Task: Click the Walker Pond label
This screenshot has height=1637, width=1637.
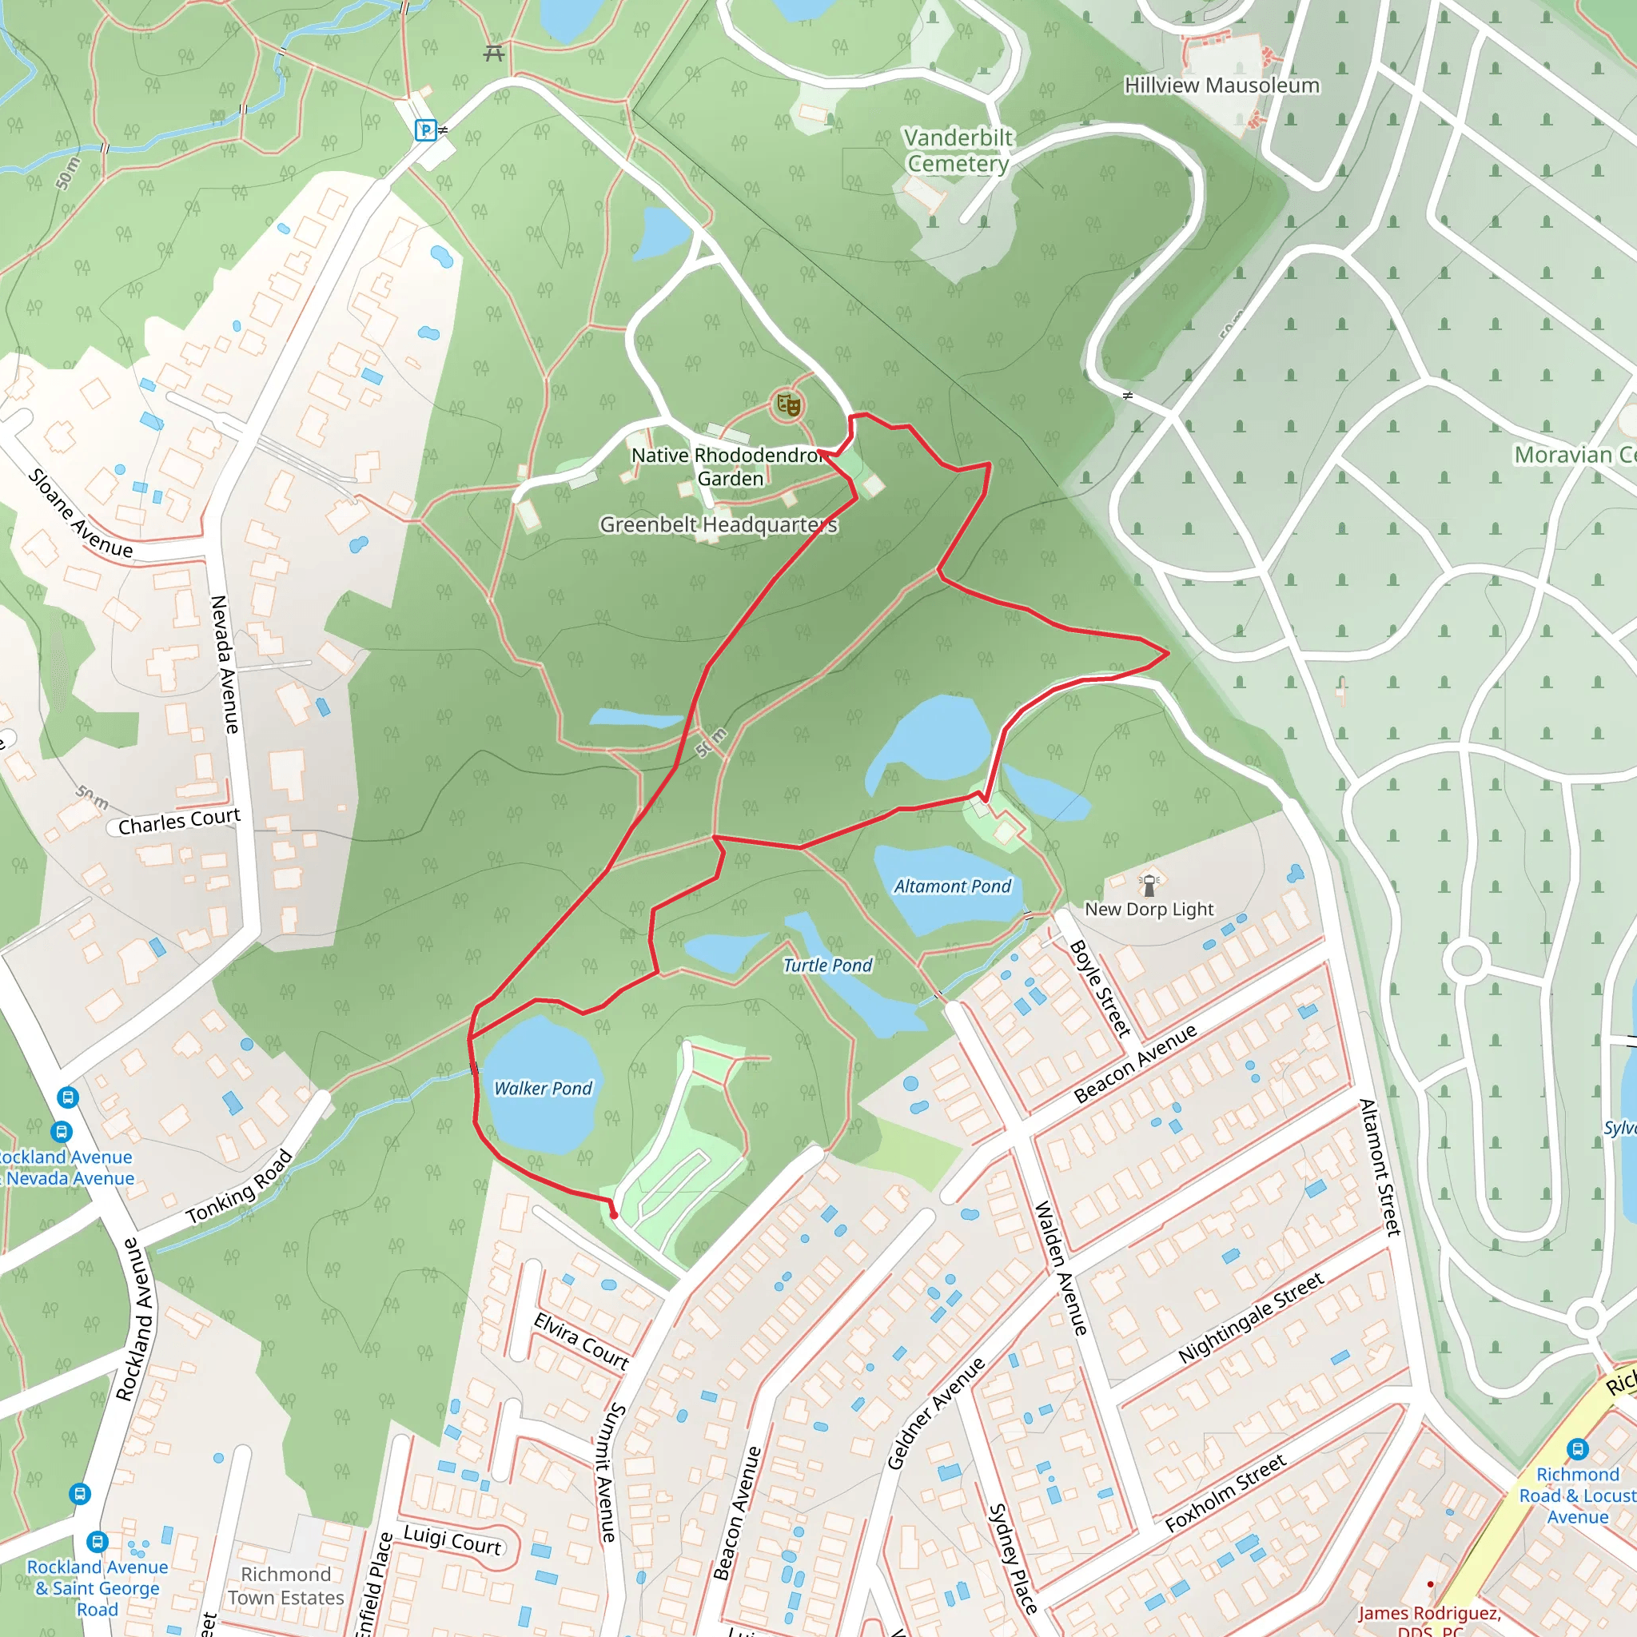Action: pos(543,1089)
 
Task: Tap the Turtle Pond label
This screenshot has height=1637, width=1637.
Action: pos(827,966)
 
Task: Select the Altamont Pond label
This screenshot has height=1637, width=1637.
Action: pos(952,886)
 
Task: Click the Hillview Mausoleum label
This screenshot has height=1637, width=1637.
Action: pos(1222,86)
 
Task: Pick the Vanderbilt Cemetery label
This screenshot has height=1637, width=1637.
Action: pos(958,150)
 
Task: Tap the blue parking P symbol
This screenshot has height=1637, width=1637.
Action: pos(425,129)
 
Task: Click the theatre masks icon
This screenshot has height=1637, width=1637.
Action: pos(789,405)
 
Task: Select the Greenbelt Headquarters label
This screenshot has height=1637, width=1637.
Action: pos(719,525)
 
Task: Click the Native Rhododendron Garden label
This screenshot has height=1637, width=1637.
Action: pos(730,467)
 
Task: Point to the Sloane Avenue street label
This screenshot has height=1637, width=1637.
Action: pos(81,513)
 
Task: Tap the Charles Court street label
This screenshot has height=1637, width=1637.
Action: pos(179,821)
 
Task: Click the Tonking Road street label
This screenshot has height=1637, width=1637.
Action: pos(240,1187)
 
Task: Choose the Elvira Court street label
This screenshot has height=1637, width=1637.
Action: pos(581,1341)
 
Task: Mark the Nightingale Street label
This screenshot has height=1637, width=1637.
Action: pos(1251,1318)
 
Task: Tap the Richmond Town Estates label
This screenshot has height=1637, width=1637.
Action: pos(285,1586)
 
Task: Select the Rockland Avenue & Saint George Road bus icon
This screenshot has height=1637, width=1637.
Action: pos(98,1541)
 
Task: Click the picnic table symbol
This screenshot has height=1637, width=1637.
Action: pos(494,54)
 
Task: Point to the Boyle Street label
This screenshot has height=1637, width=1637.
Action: pos(1100,989)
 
